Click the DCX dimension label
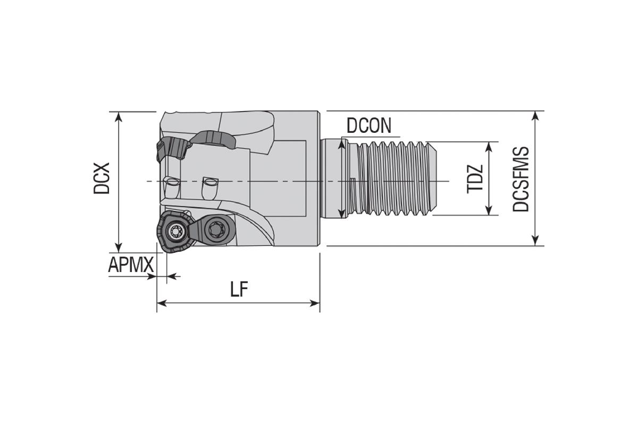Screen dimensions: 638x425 point(102,178)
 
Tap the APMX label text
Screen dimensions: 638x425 point(131,265)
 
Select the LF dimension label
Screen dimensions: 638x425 point(239,289)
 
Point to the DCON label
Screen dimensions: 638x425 point(369,125)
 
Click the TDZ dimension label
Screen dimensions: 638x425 point(475,179)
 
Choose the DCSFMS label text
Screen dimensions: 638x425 point(521,179)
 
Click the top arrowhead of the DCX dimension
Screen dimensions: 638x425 point(119,117)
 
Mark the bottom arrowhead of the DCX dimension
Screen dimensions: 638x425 point(119,248)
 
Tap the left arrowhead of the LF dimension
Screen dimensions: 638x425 point(162,303)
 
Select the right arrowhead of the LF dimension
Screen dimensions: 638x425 point(315,303)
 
